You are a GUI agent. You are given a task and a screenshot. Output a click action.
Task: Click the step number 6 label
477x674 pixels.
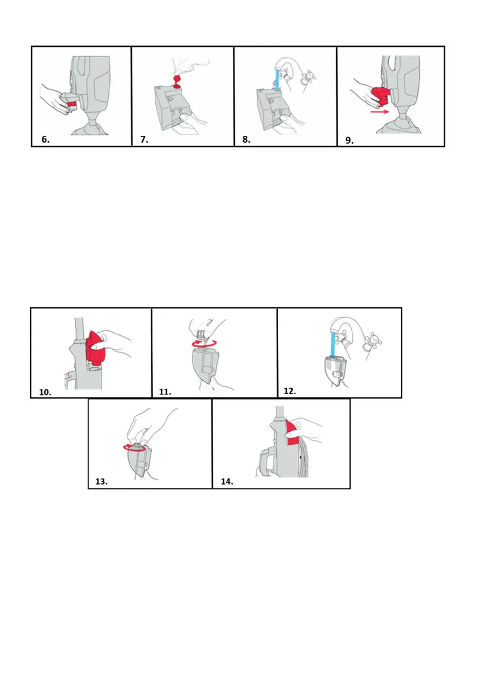[x=45, y=139]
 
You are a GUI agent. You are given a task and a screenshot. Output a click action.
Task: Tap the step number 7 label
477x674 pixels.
[x=144, y=139]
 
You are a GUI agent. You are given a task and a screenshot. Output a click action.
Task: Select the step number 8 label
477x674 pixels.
[x=246, y=139]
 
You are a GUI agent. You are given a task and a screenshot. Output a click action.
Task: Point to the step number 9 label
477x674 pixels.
[x=350, y=140]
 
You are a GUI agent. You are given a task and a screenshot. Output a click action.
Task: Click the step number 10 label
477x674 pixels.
[x=45, y=392]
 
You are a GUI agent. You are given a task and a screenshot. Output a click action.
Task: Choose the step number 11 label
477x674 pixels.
[x=165, y=392]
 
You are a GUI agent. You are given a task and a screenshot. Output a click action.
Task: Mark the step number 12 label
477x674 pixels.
[x=290, y=390]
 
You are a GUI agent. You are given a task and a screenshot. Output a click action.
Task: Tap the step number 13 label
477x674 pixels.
[x=101, y=482]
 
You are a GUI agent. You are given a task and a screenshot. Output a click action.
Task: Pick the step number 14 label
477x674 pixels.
[x=227, y=482]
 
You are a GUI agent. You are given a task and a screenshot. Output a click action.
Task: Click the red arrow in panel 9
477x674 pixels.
[x=380, y=111]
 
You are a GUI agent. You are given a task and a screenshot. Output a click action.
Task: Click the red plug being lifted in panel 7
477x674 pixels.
[x=176, y=81]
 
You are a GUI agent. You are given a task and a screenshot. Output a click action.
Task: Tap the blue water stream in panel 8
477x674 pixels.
[x=278, y=80]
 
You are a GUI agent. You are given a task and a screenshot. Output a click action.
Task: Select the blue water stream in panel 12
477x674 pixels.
[x=333, y=344]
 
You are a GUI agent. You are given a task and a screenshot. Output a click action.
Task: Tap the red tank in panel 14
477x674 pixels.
[x=292, y=433]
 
